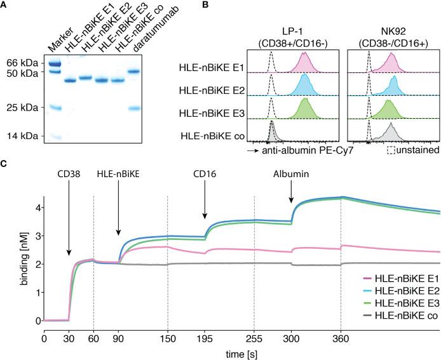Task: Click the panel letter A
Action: click(4, 5)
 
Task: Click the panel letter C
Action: click(4, 164)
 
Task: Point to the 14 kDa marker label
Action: click(20, 136)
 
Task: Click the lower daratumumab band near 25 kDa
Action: click(134, 108)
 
